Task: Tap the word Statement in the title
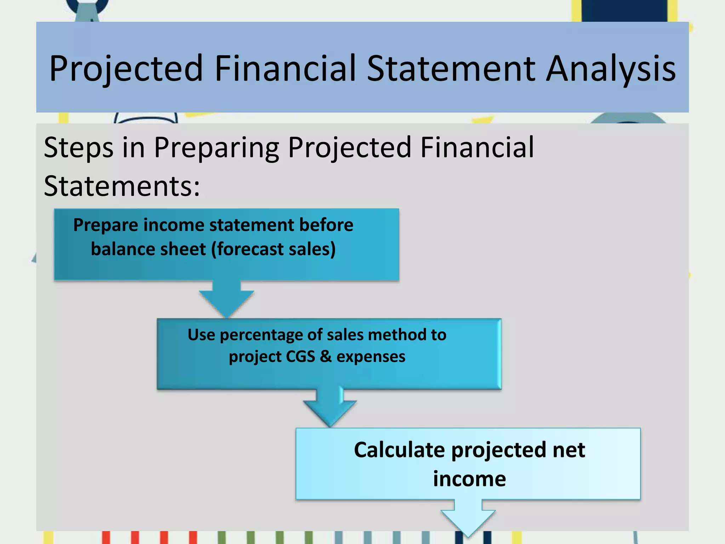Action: point(451,68)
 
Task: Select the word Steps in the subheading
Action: point(79,148)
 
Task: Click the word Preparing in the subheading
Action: point(216,148)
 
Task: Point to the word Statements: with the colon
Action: point(122,186)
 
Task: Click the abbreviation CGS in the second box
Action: point(300,356)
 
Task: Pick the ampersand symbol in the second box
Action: point(326,356)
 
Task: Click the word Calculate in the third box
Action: point(399,450)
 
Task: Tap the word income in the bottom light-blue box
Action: point(469,479)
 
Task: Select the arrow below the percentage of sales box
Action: point(330,407)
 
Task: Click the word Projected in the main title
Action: point(126,68)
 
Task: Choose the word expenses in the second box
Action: point(371,356)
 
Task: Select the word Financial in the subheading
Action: point(477,148)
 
